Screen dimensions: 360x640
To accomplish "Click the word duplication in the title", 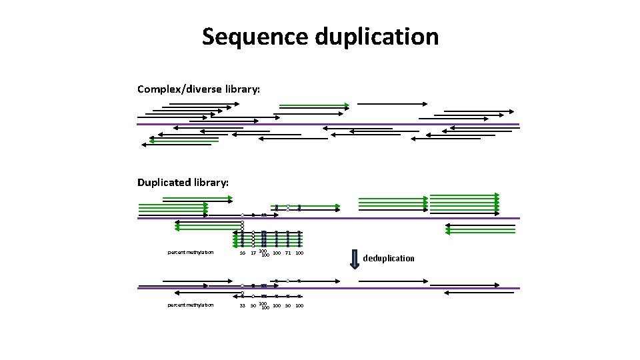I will (377, 37).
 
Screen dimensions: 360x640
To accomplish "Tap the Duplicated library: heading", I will (183, 182).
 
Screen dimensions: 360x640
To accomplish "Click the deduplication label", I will (389, 258).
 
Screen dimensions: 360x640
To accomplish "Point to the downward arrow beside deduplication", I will (355, 259).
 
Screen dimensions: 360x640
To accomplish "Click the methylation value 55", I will (242, 253).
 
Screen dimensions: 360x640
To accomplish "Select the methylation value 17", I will (253, 253).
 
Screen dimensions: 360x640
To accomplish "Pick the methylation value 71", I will (287, 253).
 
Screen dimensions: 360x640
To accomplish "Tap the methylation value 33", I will (242, 305).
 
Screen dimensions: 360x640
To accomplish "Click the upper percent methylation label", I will (191, 252).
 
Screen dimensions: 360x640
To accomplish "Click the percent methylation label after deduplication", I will (191, 305).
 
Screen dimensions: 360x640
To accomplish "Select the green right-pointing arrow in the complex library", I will (313, 105).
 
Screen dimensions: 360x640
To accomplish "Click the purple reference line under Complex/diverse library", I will (327, 124).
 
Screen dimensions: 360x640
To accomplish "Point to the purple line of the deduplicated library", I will (327, 288).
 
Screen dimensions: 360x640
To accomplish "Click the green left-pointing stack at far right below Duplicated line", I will (481, 229).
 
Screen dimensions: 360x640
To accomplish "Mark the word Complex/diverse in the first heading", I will (175, 89).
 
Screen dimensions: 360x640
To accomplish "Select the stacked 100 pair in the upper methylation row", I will (264, 253).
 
